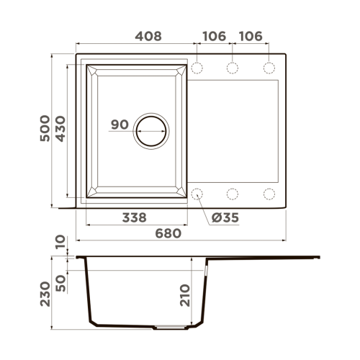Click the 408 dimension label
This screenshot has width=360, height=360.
[x=148, y=37]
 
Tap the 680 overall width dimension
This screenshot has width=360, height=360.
[x=168, y=233]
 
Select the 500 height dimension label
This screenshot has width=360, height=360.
[x=45, y=128]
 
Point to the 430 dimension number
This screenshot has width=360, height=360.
[x=60, y=129]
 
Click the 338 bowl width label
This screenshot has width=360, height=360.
[x=134, y=217]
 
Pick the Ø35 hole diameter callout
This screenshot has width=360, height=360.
[x=225, y=217]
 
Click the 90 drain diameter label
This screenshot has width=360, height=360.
[x=120, y=125]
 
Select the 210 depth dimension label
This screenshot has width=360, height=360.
[x=185, y=295]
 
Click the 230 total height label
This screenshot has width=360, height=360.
[x=45, y=294]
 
